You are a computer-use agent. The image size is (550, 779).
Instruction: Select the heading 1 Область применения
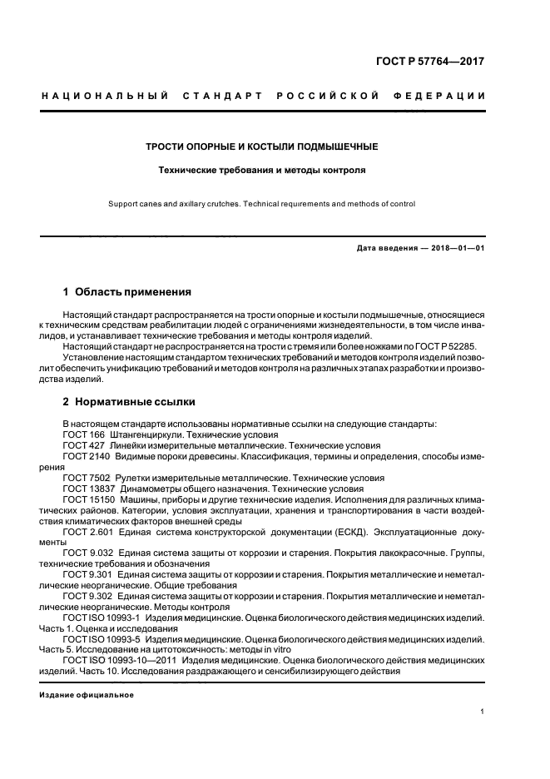click(x=127, y=292)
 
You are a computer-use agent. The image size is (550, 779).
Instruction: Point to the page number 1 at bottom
click(x=483, y=712)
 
